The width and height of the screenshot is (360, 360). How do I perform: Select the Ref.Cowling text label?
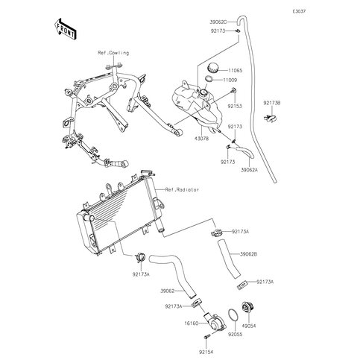coord(113,53)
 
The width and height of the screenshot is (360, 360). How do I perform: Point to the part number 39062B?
coord(249,254)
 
